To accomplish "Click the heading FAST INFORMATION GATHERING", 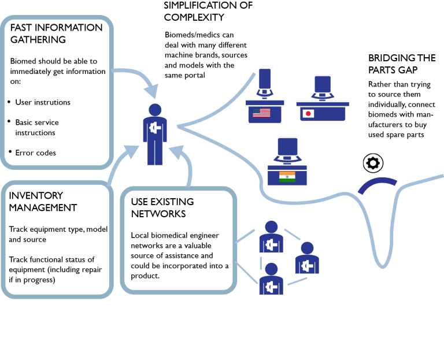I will click(x=56, y=34).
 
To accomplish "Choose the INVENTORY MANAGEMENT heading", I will click(x=43, y=202).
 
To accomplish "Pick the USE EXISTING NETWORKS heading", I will click(x=162, y=207).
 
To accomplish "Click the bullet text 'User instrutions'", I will click(x=43, y=102).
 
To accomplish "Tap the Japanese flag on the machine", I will click(x=308, y=113).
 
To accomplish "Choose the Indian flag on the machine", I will click(x=287, y=176).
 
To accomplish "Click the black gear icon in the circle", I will click(x=372, y=164).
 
